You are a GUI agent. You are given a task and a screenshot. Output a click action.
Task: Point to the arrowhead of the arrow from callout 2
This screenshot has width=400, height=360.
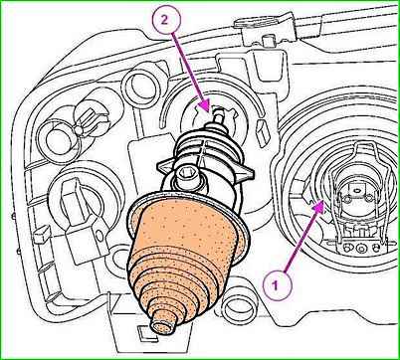(206, 106)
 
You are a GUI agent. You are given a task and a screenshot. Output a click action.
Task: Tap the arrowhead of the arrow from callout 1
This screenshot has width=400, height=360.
(318, 206)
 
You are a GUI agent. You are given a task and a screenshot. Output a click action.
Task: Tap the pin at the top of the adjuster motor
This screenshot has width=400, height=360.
(218, 115)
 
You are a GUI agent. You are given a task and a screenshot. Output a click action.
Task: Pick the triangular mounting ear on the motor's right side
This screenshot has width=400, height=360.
(245, 173)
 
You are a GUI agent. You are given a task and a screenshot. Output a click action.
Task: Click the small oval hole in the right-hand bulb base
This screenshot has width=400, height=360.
(357, 190)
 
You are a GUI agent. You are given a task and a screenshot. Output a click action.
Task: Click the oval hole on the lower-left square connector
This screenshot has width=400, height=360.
(99, 235)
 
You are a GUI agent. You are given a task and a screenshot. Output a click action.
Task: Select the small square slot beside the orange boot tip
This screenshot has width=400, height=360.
(143, 331)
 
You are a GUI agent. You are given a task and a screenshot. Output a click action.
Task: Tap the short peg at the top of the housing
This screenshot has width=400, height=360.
(266, 40)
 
